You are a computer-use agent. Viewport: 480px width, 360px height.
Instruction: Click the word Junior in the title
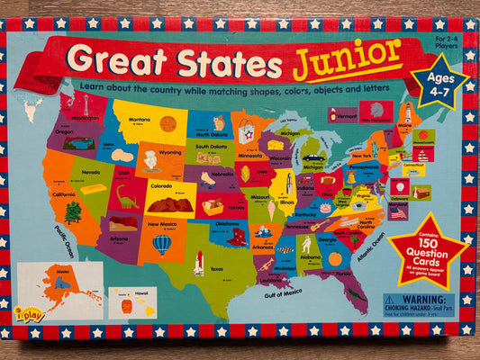pyautogui.click(x=346, y=57)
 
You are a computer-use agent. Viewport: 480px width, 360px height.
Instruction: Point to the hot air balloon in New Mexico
pyautogui.click(x=162, y=244)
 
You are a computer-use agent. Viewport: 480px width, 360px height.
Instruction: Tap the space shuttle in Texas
pyautogui.click(x=197, y=262)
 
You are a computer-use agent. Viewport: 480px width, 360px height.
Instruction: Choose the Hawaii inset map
pyautogui.click(x=132, y=302)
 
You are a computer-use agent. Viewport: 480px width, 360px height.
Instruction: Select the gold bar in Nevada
pyautogui.click(x=91, y=189)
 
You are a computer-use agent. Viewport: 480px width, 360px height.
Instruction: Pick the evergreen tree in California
pyautogui.click(x=73, y=212)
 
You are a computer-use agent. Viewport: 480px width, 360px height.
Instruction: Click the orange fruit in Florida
pyautogui.click(x=335, y=260)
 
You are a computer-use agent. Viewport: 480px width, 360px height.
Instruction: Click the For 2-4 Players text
pyautogui.click(x=449, y=43)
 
